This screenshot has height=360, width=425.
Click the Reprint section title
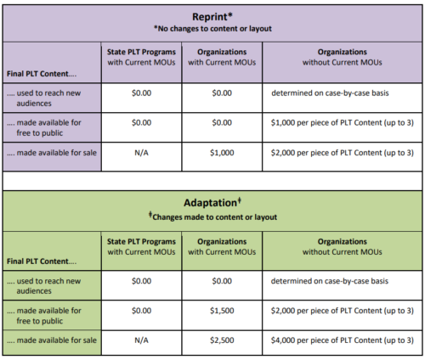[212, 17]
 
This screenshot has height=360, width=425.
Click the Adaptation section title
[212, 202]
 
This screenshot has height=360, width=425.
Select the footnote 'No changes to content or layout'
[212, 29]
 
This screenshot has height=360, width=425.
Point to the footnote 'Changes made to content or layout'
[212, 217]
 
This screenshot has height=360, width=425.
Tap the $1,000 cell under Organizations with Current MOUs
[222, 153]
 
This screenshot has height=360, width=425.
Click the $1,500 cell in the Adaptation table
[222, 311]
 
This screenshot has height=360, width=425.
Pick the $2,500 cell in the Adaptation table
[222, 340]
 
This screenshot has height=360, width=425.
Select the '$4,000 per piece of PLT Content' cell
[343, 340]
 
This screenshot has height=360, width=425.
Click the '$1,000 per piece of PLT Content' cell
[343, 123]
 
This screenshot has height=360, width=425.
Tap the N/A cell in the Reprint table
[141, 153]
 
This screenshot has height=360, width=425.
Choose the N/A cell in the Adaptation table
[141, 340]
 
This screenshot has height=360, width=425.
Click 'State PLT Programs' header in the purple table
[141, 52]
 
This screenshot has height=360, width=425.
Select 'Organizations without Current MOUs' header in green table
[343, 247]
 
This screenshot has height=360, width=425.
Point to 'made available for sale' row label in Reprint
[52, 153]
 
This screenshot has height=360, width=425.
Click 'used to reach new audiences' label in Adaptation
[44, 286]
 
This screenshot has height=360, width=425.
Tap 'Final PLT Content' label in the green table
[42, 262]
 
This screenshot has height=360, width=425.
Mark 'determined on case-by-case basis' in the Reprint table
[330, 93]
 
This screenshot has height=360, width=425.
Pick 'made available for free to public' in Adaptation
[44, 316]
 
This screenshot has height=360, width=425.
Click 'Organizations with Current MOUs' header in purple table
[222, 57]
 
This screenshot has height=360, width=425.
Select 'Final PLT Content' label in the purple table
[42, 74]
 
